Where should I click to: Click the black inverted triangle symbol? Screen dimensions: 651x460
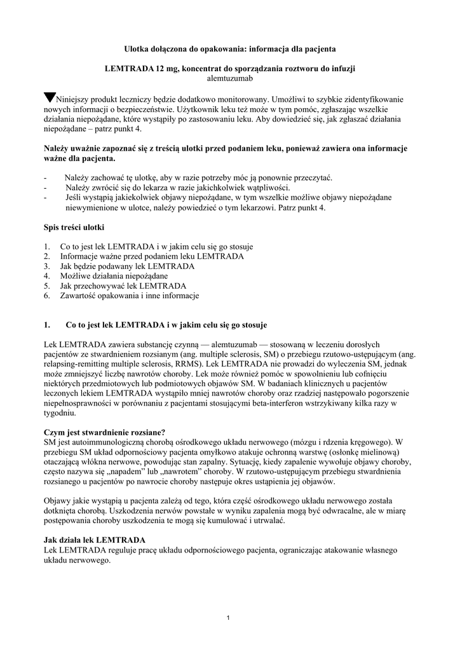[50, 98]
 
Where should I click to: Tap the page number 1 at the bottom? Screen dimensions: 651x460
[229, 619]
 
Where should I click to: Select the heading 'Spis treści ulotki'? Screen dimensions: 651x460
[74, 227]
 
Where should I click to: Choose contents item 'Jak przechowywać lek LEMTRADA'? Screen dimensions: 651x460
[118, 286]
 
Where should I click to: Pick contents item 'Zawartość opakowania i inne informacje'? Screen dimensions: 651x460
[130, 296]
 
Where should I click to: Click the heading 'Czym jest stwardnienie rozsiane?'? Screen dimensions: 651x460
[104, 432]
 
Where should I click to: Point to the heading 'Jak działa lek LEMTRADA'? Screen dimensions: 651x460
[93, 540]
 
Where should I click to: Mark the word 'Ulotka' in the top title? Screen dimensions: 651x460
[136, 48]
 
